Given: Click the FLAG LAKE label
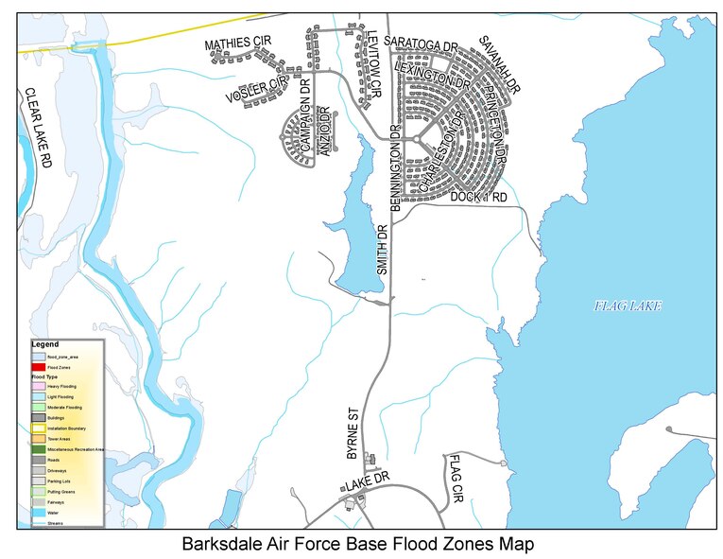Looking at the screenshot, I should click(x=628, y=306).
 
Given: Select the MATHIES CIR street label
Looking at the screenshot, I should click(x=239, y=44).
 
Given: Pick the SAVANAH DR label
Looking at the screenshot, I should click(x=500, y=64).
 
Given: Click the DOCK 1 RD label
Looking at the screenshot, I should click(x=479, y=197).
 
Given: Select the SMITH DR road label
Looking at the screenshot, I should click(x=383, y=250).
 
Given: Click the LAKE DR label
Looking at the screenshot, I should click(x=367, y=482).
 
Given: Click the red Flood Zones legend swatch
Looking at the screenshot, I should click(x=38, y=366).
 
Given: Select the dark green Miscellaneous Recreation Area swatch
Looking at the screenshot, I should click(x=38, y=449).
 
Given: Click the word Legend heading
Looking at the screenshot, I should click(x=44, y=344).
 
